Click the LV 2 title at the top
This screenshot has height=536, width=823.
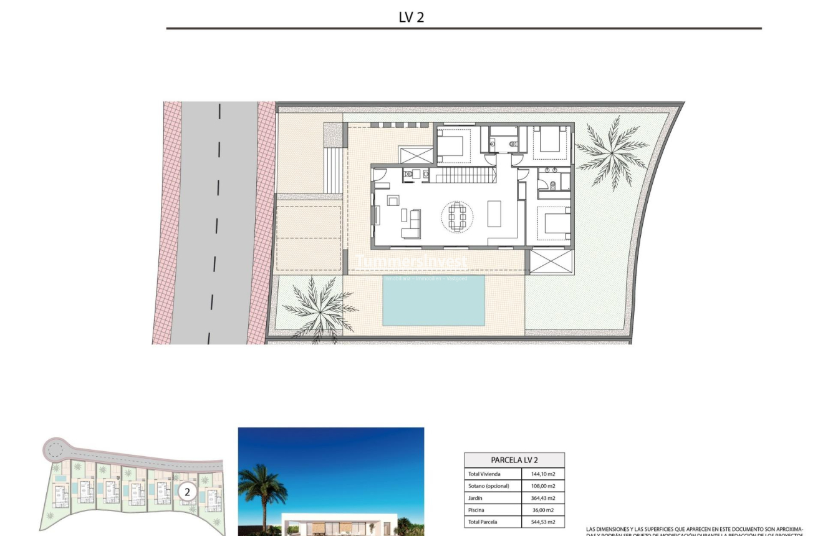click(x=411, y=17)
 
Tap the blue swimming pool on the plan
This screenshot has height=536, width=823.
click(x=433, y=300)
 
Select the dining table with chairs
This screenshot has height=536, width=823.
click(x=457, y=217)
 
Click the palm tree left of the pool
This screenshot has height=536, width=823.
click(x=319, y=308)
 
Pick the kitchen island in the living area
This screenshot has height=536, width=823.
click(x=494, y=213)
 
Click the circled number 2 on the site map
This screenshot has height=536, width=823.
click(x=187, y=492)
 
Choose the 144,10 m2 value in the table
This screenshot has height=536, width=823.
click(x=542, y=474)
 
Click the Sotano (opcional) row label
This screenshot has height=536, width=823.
click(x=489, y=486)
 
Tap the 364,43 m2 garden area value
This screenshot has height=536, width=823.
click(x=542, y=498)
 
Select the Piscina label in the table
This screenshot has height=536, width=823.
click(x=477, y=510)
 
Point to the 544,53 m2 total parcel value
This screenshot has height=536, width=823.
click(x=542, y=522)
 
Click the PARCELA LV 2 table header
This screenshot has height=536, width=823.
click(x=514, y=460)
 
